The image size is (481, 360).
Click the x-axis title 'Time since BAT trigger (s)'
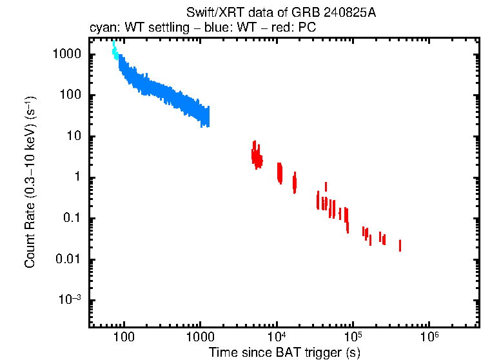click(x=284, y=352)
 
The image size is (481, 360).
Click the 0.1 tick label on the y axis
click(x=71, y=219)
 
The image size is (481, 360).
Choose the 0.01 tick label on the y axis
click(x=68, y=260)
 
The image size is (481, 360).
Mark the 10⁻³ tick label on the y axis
click(x=69, y=301)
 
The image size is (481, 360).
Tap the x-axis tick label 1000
click(x=200, y=337)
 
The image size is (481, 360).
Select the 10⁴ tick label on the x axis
click(x=277, y=336)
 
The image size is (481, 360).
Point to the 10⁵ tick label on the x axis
click(x=353, y=336)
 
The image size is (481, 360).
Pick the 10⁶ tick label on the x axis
click(x=429, y=336)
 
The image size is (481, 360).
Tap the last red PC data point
click(x=400, y=245)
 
